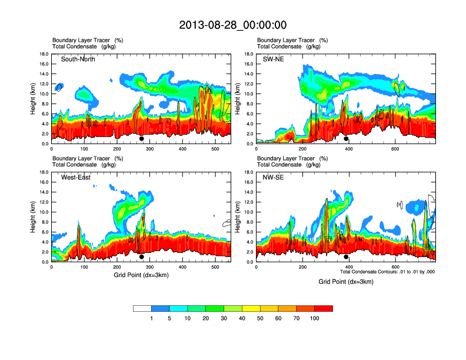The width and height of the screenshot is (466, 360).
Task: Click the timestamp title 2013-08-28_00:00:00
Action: point(232,25)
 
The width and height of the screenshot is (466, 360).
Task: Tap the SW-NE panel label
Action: point(273,59)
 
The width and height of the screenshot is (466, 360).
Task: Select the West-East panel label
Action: point(75,178)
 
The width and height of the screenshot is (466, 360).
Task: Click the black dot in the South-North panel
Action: point(141,139)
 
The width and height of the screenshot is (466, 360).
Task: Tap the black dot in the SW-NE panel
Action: point(346,139)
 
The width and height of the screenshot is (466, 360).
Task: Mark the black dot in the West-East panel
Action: point(141,257)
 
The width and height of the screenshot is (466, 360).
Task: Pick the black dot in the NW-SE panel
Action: point(346,257)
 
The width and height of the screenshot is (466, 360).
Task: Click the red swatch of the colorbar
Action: point(324,308)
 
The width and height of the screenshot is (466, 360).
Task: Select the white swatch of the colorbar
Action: point(142,308)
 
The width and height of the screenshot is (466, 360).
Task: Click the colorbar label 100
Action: point(315,318)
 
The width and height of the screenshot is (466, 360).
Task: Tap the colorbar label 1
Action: point(152,318)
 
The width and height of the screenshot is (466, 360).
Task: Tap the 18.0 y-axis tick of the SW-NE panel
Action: point(248,54)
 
